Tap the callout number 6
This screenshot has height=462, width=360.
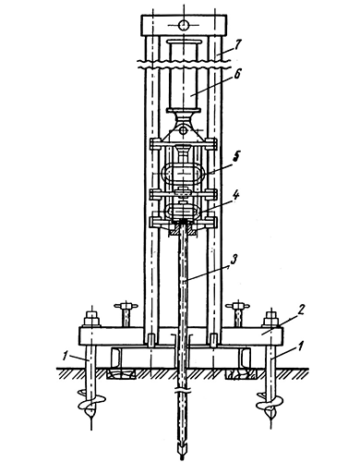[237, 76]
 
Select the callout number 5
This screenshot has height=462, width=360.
[236, 156]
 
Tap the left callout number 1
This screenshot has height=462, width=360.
[65, 356]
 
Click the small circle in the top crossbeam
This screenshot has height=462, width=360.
[184, 25]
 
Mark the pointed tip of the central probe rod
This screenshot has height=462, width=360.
[182, 459]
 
